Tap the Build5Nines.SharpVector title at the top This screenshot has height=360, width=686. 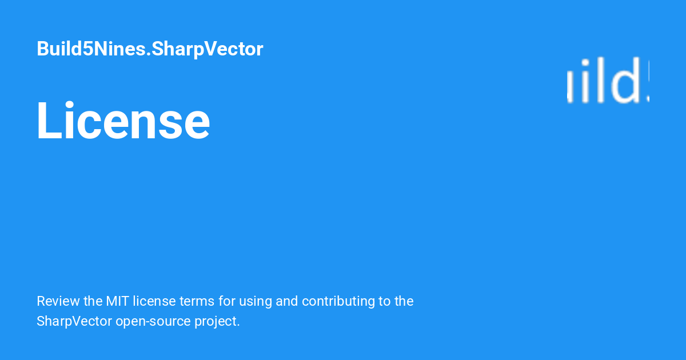[x=150, y=49]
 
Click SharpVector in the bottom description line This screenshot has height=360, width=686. [x=74, y=321]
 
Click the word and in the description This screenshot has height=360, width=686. [x=287, y=301]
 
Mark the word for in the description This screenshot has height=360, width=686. [x=226, y=301]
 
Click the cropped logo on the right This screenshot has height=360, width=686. [x=608, y=82]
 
